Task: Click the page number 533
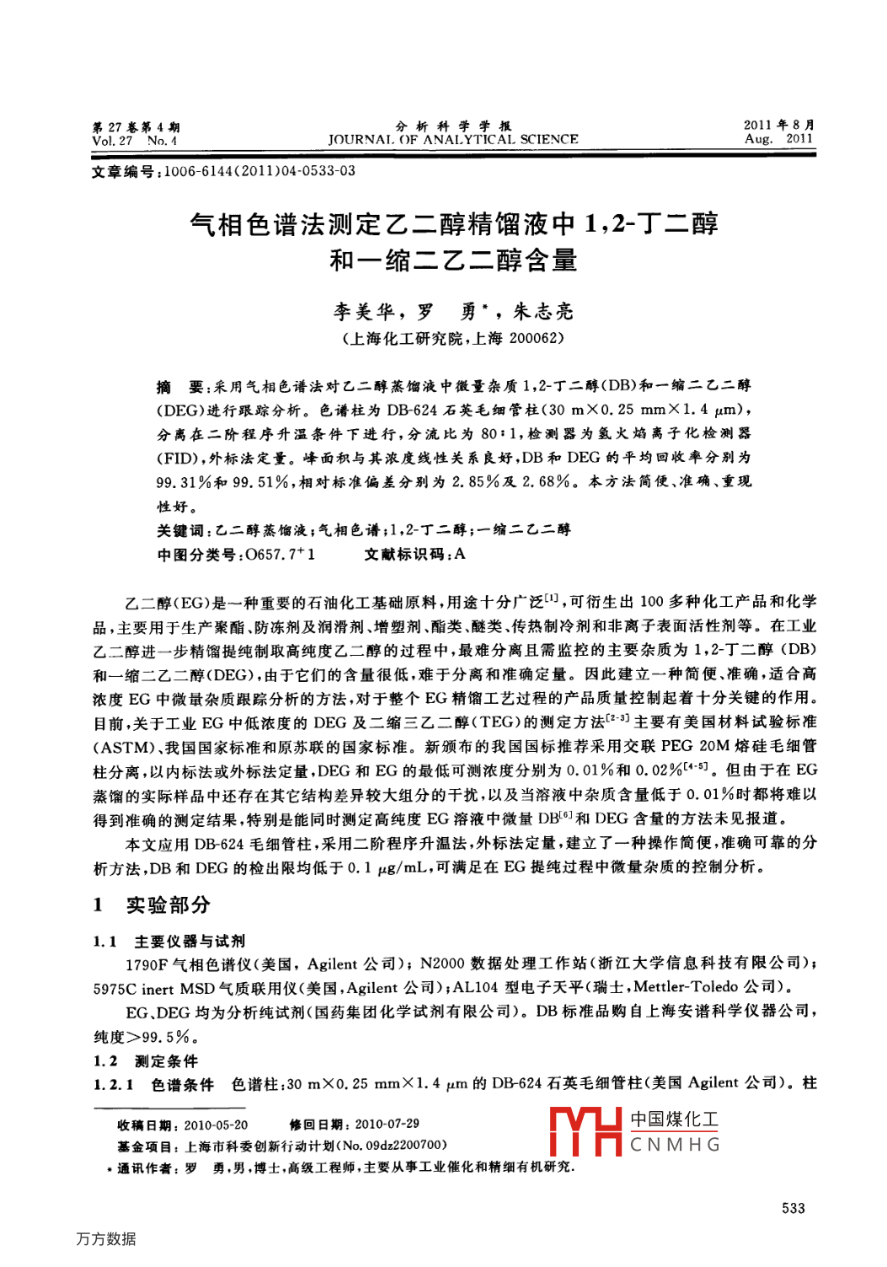tap(793, 1208)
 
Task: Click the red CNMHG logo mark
tap(585, 1131)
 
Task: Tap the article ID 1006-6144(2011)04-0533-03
tap(259, 171)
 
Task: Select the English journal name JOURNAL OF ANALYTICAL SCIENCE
tap(453, 140)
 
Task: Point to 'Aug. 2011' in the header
tap(778, 139)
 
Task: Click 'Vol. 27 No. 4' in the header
tap(135, 141)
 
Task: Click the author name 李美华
tap(364, 312)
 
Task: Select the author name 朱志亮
tap(543, 312)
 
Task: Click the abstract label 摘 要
tap(179, 387)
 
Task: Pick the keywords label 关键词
tap(180, 530)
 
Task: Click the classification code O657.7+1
tap(280, 555)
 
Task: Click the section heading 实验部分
tap(168, 905)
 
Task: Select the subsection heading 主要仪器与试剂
tap(190, 942)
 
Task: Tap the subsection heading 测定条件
tap(166, 1061)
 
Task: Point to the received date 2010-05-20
tap(216, 1125)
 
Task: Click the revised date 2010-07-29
tap(387, 1125)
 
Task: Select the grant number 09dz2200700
tap(403, 1146)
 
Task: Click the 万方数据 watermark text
tap(105, 1238)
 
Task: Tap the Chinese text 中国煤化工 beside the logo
tap(675, 1119)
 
